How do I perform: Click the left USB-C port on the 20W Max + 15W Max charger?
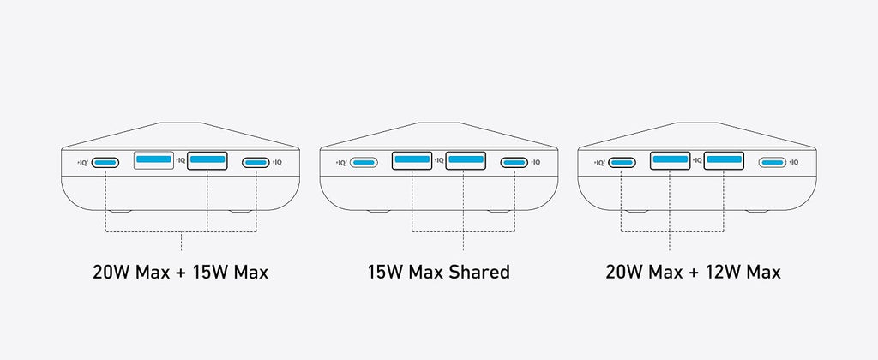pyautogui.click(x=105, y=162)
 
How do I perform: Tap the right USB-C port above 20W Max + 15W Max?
pyautogui.click(x=256, y=162)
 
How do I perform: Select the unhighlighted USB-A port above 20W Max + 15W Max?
pyautogui.click(x=154, y=159)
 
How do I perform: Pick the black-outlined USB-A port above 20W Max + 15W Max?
pyautogui.click(x=207, y=160)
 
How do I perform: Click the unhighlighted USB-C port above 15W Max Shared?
pyautogui.click(x=364, y=162)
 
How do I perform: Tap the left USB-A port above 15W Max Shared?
pyautogui.click(x=412, y=160)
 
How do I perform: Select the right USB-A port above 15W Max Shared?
pyautogui.click(x=466, y=160)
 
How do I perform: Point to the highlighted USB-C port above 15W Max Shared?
pyautogui.click(x=514, y=162)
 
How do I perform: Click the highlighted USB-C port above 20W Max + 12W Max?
pyautogui.click(x=622, y=162)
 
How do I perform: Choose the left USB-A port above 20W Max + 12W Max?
pyautogui.click(x=671, y=160)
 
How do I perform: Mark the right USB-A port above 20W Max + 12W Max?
pyautogui.click(x=724, y=160)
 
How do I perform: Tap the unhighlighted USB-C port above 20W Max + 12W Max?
pyautogui.click(x=773, y=162)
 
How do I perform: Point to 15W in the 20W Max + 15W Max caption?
pyautogui.click(x=209, y=273)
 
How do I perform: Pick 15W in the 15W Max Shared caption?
pyautogui.click(x=385, y=273)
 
